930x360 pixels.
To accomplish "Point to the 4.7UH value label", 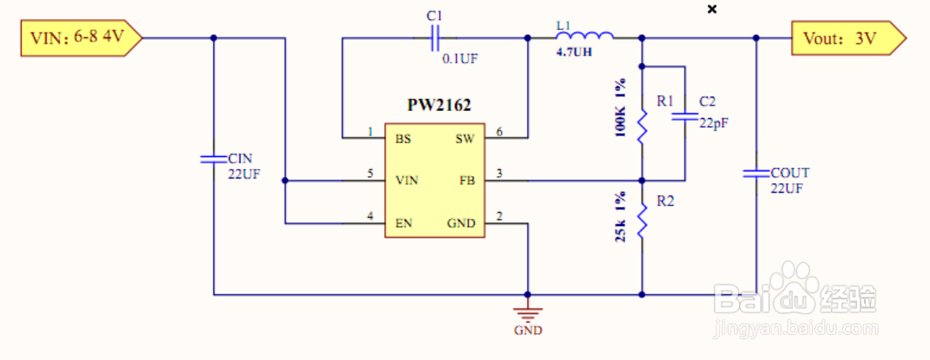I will pyautogui.click(x=575, y=53).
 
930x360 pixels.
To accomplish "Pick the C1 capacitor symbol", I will pyautogui.click(x=434, y=36).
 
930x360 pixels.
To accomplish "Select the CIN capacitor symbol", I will pyautogui.click(x=212, y=159).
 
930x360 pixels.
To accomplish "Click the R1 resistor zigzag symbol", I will pyautogui.click(x=641, y=123).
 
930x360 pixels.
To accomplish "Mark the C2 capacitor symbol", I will pyautogui.click(x=684, y=117).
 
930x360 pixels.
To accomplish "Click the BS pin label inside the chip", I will pyautogui.click(x=404, y=139).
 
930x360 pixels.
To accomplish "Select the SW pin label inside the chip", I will pyautogui.click(x=465, y=139).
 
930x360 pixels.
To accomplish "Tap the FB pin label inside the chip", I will pyautogui.click(x=466, y=181).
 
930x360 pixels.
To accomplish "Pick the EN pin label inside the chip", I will pyautogui.click(x=404, y=224).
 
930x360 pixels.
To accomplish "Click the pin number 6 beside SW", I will pyautogui.click(x=499, y=131).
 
